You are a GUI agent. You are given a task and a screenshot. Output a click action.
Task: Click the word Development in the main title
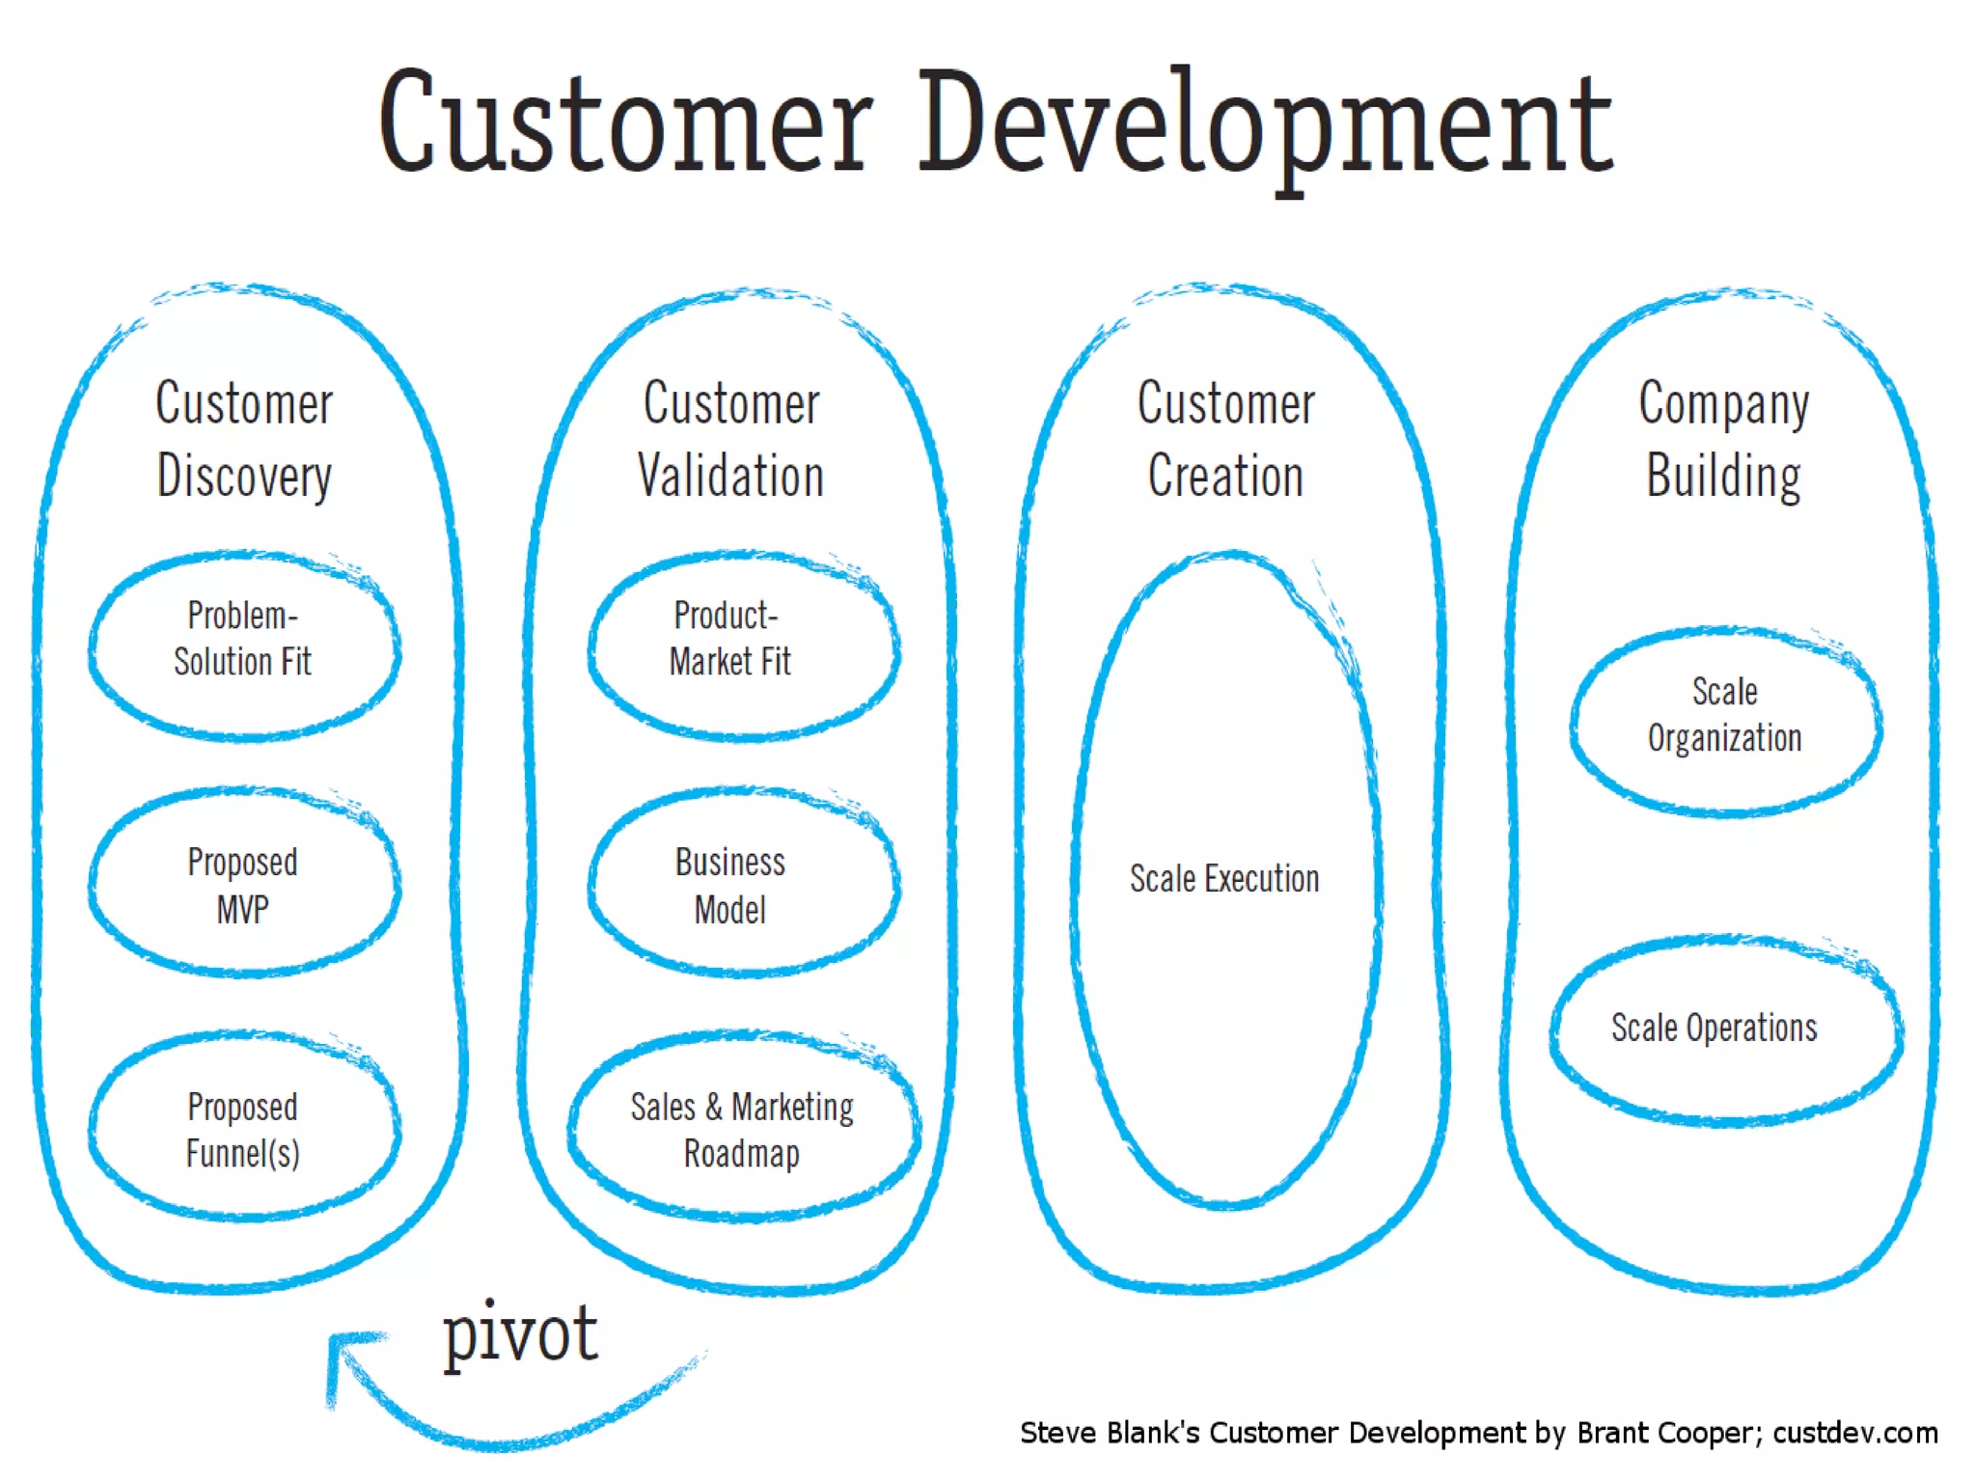click(x=1264, y=125)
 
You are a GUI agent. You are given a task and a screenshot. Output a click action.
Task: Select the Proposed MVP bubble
click(x=244, y=885)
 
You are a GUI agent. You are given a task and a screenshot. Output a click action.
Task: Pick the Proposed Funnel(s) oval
click(x=244, y=1129)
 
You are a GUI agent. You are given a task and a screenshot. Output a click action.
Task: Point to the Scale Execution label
click(x=1224, y=879)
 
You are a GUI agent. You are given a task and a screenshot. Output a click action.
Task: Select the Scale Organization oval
click(x=1724, y=717)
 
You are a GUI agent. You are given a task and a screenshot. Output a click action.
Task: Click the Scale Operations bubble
click(x=1724, y=1029)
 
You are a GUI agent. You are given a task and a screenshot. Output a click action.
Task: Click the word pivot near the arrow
click(x=520, y=1333)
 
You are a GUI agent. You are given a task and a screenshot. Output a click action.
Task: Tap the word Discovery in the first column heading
click(x=244, y=476)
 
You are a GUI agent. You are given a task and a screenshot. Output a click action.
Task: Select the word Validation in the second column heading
click(x=731, y=476)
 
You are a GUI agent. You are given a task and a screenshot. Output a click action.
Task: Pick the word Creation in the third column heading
click(x=1225, y=476)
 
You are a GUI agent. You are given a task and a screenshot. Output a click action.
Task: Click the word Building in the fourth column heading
click(x=1723, y=476)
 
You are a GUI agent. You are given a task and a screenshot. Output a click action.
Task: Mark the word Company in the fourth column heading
click(x=1723, y=403)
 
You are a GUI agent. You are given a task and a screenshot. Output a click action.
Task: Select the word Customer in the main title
click(x=625, y=125)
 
